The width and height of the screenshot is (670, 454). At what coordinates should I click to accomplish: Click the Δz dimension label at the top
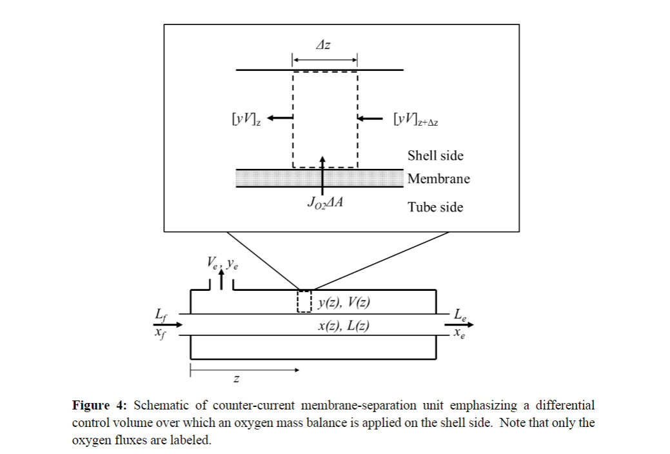pyautogui.click(x=324, y=45)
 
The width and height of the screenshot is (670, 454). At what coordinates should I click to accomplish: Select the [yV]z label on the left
pyautogui.click(x=247, y=119)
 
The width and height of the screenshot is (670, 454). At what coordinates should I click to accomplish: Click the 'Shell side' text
pyautogui.click(x=435, y=156)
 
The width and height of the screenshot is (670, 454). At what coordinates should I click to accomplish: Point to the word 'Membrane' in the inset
pyautogui.click(x=438, y=179)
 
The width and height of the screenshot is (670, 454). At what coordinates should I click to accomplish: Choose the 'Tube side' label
pyautogui.click(x=435, y=207)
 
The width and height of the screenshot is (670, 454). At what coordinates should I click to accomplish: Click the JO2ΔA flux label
pyautogui.click(x=324, y=203)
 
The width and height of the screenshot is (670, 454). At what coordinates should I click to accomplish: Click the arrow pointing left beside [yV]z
pyautogui.click(x=280, y=117)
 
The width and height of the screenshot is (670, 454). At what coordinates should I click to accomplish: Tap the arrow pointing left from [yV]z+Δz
pyautogui.click(x=371, y=118)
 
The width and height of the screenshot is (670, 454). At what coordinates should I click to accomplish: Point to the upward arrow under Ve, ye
pyautogui.click(x=222, y=280)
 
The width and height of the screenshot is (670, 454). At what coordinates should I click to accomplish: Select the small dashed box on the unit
pyautogui.click(x=304, y=301)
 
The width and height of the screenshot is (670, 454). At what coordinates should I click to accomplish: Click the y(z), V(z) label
pyautogui.click(x=344, y=302)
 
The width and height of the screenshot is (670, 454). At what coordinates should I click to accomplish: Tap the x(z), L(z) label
pyautogui.click(x=344, y=326)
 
